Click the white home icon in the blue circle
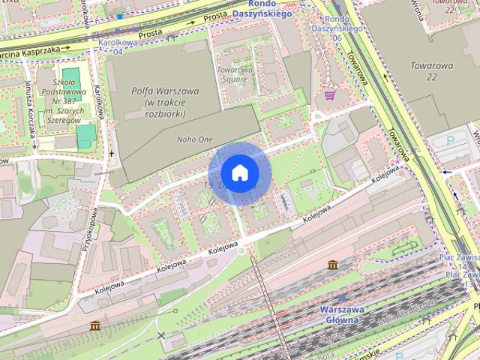238,173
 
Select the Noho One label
195,139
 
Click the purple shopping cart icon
329,95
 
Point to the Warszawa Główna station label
341,314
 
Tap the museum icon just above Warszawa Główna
332,265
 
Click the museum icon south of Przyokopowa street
94,325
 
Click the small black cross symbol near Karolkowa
112,153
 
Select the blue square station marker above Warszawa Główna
341,298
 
